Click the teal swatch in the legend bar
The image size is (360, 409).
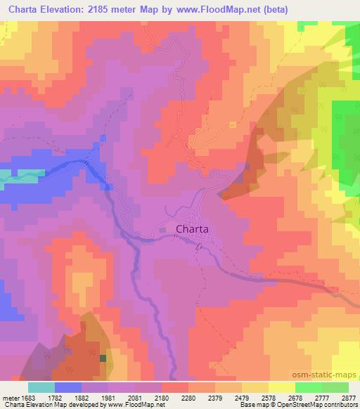[x=41, y=387]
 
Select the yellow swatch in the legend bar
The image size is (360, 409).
[x=282, y=387]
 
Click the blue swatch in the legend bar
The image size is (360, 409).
[x=68, y=387]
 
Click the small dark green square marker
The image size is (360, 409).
[x=103, y=358]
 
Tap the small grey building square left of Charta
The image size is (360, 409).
[x=163, y=229]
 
